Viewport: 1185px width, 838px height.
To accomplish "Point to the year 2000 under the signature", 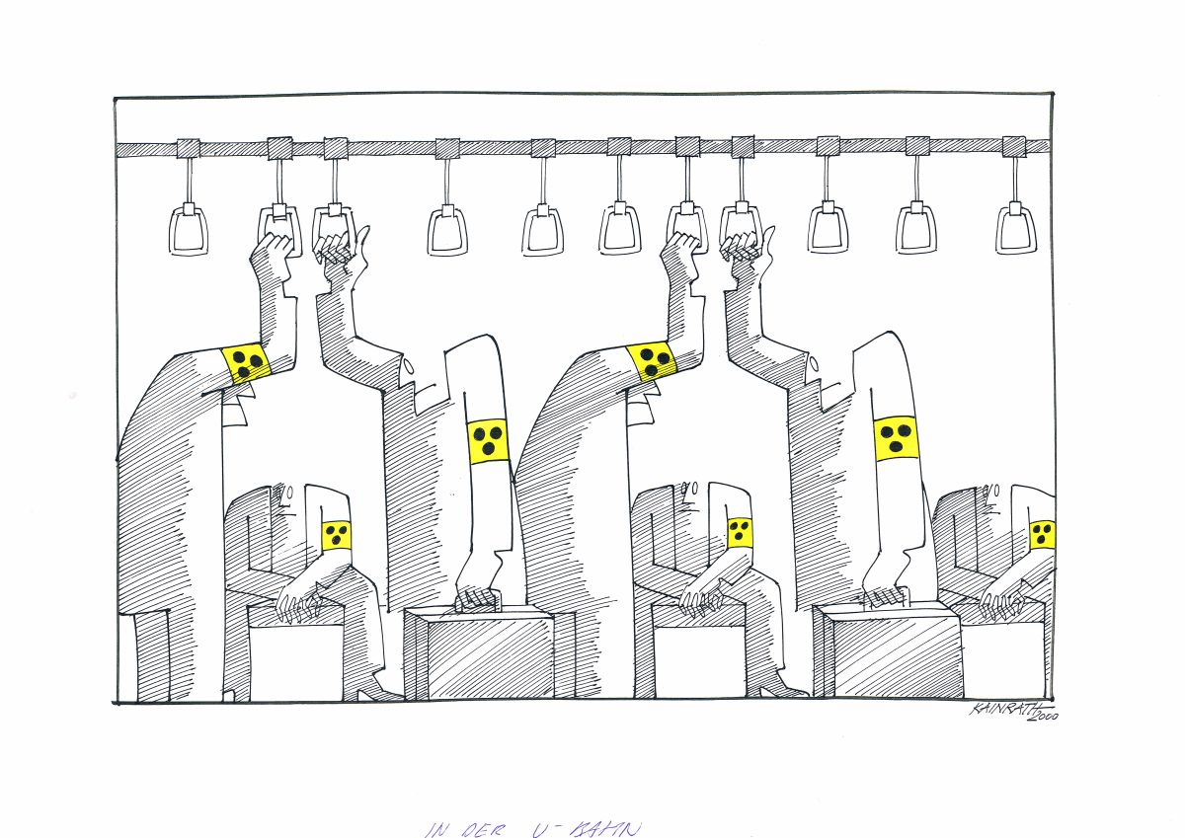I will [1040, 725].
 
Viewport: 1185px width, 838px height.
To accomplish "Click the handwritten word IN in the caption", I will [435, 829].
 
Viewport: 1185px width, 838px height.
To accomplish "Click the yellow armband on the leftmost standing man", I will [246, 362].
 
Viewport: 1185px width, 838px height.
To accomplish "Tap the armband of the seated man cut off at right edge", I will [1042, 535].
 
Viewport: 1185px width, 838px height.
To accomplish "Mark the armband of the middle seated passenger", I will [740, 532].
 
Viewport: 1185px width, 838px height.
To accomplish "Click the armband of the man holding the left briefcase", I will [488, 439].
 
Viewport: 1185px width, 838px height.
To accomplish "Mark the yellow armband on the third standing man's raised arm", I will [651, 361].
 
